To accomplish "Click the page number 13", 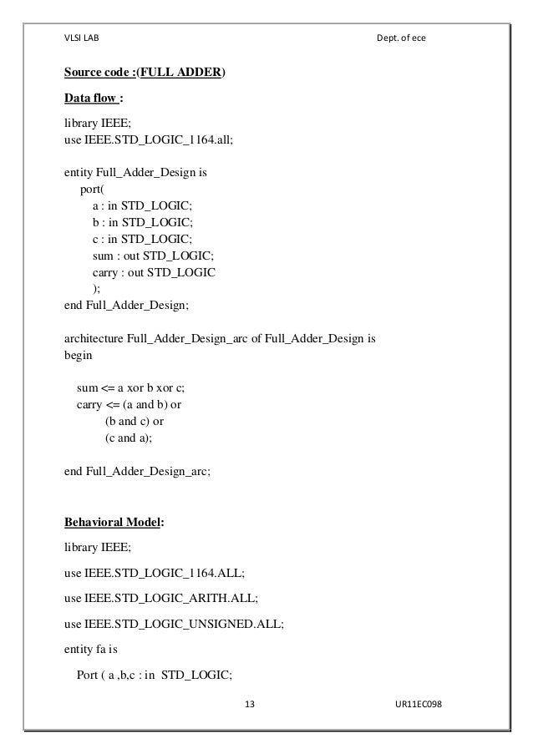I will pyautogui.click(x=249, y=704).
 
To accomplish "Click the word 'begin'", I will pyautogui.click(x=79, y=354).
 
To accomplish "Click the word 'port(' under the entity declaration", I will pyautogui.click(x=92, y=191).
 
